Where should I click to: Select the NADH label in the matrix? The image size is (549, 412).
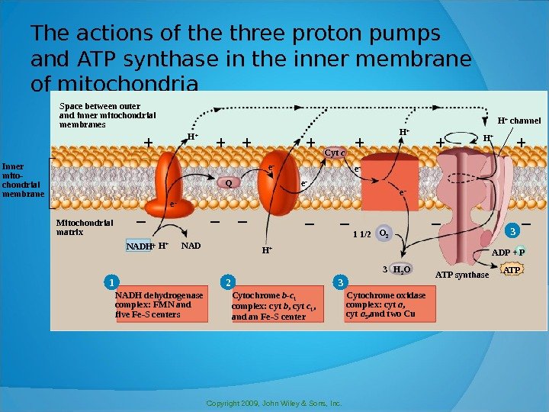139,246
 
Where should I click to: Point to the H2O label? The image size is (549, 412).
401,269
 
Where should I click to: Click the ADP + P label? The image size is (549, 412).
509,253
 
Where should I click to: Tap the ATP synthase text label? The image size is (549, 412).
461,275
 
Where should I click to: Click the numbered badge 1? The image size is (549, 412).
109,283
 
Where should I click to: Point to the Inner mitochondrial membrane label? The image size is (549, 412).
24,180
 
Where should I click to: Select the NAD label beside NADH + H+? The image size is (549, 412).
191,246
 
